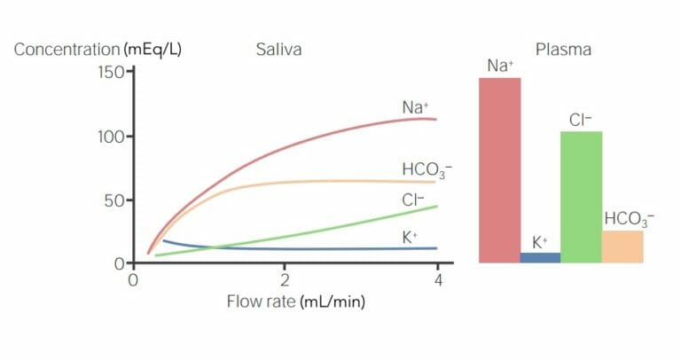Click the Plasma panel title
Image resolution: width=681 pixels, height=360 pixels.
(563, 50)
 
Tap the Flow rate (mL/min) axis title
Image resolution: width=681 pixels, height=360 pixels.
(295, 301)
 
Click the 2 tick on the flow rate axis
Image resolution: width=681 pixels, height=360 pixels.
(284, 280)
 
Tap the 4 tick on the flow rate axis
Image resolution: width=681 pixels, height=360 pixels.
(437, 280)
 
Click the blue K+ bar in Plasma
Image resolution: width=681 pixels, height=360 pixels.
(540, 257)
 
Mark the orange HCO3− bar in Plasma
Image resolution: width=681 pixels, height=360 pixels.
(622, 247)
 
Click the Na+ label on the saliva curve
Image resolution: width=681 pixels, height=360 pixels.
(415, 107)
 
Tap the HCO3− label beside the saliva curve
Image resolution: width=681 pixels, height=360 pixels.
(420, 170)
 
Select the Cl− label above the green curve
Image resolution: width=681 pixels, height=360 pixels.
(412, 200)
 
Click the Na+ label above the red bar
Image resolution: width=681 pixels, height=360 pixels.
(499, 66)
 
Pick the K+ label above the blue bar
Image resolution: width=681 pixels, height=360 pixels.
(540, 241)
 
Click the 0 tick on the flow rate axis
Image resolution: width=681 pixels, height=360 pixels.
(132, 280)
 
